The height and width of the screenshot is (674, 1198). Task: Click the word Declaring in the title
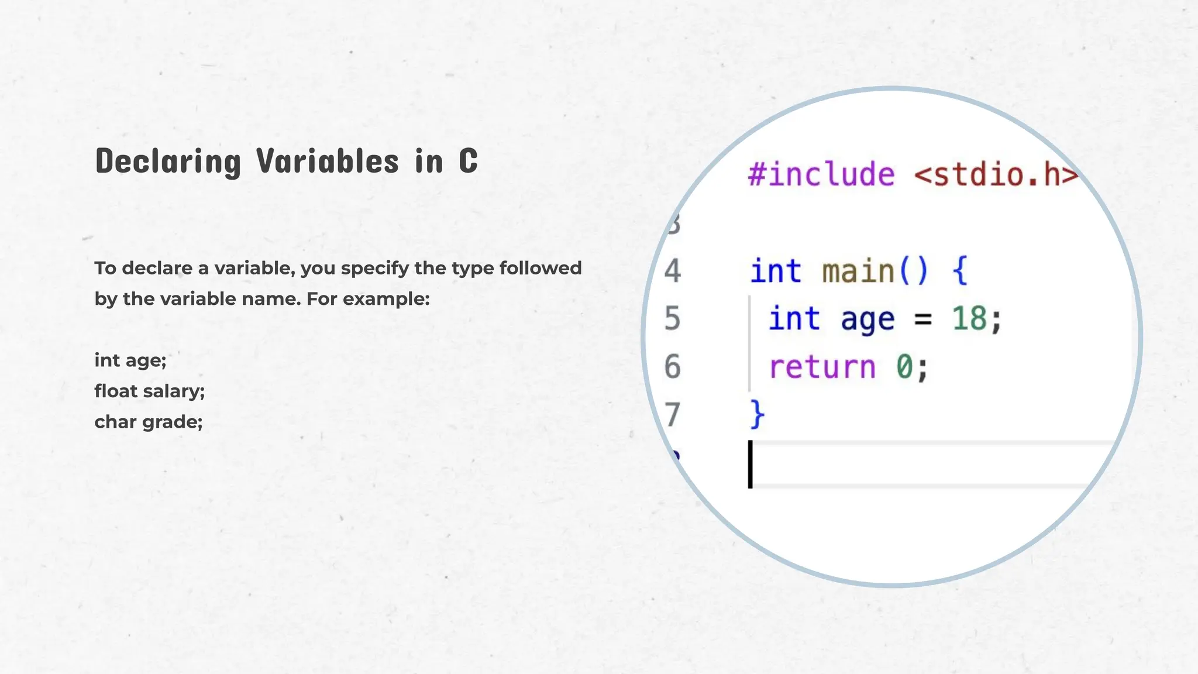(168, 161)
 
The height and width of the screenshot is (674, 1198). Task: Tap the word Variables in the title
(328, 161)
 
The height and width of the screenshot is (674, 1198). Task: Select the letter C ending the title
(468, 161)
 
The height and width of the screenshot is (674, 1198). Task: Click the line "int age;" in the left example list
(130, 360)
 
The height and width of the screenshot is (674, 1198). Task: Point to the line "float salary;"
(150, 391)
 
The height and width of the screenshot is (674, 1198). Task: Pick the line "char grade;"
(149, 422)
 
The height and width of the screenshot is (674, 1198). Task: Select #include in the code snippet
(821, 174)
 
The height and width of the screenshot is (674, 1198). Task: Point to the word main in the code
(858, 271)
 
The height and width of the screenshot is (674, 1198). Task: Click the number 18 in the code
(969, 319)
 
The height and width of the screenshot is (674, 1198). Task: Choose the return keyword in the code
(822, 367)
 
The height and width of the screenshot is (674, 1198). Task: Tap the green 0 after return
(904, 367)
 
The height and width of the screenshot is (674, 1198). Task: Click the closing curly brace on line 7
(757, 415)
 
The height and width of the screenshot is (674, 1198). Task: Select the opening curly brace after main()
(960, 271)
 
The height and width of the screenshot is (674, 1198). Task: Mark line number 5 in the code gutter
(673, 319)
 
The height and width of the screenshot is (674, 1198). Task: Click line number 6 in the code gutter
(673, 367)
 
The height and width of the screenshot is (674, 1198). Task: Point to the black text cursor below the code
(751, 464)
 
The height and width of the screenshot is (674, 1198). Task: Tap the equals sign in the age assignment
(922, 320)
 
